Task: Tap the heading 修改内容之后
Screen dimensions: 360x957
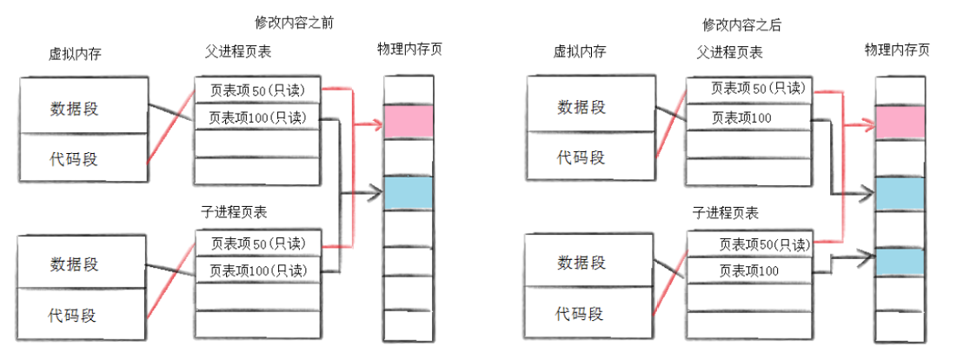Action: pyautogui.click(x=741, y=24)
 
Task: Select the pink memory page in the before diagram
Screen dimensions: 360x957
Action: pyautogui.click(x=408, y=122)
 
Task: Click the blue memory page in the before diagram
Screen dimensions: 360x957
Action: pyautogui.click(x=408, y=192)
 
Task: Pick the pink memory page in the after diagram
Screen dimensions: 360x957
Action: pyautogui.click(x=900, y=123)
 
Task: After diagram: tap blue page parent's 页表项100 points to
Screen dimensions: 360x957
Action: pyautogui.click(x=900, y=193)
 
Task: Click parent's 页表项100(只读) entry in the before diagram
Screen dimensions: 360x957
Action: pyautogui.click(x=257, y=117)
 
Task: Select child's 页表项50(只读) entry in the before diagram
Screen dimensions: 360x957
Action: pyautogui.click(x=257, y=243)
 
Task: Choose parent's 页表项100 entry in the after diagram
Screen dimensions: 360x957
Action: pyautogui.click(x=748, y=117)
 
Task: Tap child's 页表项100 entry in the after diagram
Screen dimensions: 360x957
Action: pyautogui.click(x=748, y=270)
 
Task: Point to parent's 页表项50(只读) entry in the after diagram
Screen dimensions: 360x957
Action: pyautogui.click(x=748, y=89)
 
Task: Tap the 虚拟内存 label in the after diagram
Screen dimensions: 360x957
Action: pyautogui.click(x=579, y=51)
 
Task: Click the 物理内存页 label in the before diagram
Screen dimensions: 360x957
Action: pyautogui.click(x=409, y=49)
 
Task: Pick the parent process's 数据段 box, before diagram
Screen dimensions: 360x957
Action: pyautogui.click(x=83, y=107)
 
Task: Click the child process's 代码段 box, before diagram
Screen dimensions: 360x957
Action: pyautogui.click(x=83, y=310)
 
